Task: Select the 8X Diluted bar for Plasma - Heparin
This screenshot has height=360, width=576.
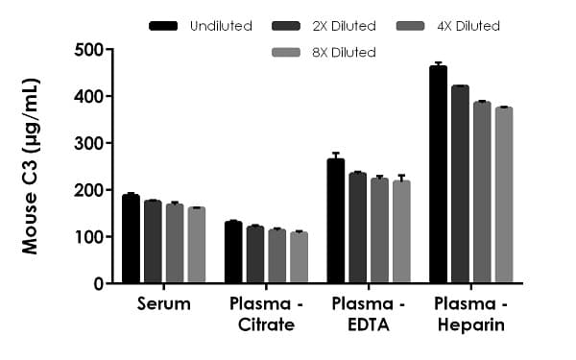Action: click(x=503, y=196)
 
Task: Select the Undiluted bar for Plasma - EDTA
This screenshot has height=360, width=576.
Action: click(x=335, y=221)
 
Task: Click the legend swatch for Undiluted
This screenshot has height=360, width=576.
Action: click(x=167, y=25)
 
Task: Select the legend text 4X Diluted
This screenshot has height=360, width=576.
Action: click(x=468, y=25)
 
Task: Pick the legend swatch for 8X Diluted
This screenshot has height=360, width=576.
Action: click(x=293, y=51)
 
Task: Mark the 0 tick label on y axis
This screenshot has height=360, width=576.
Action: click(x=98, y=284)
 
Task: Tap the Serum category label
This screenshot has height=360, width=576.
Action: click(x=162, y=304)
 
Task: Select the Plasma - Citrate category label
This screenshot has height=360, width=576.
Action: click(x=266, y=314)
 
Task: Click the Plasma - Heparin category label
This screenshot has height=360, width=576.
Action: click(x=470, y=314)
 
